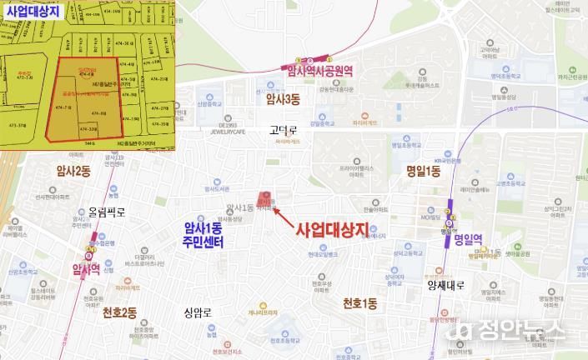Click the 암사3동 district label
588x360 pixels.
pos(282,99)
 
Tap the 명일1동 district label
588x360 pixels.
pos(424,171)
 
